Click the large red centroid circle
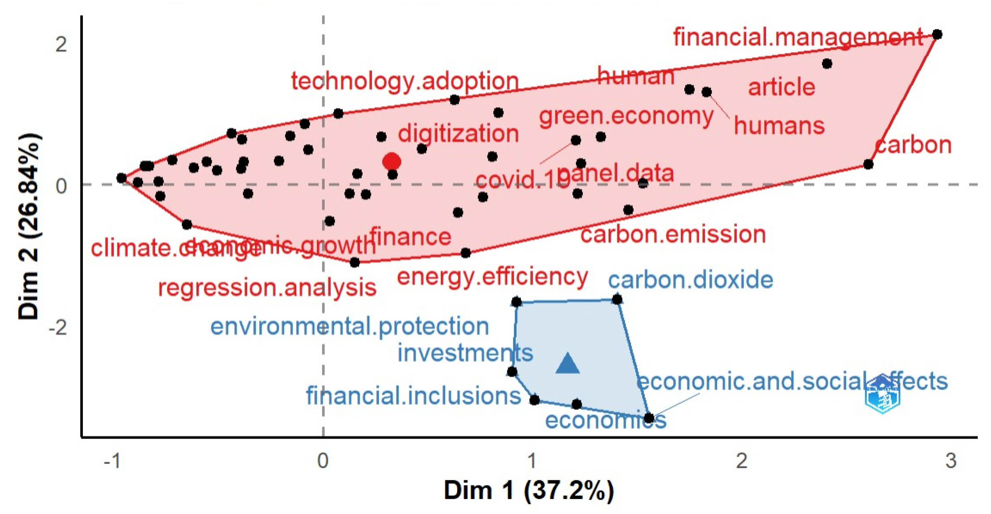392,161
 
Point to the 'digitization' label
458,133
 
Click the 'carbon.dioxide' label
691,280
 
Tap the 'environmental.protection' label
350,326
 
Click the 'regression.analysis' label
267,288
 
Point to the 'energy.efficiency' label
492,276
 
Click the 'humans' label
779,126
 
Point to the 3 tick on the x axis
950,460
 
